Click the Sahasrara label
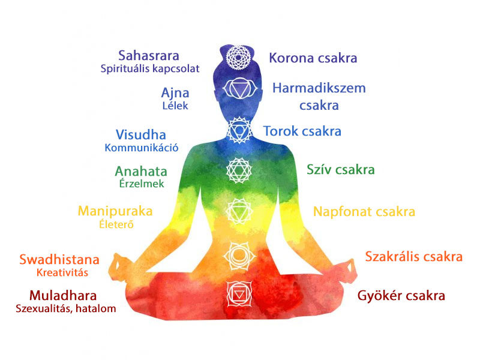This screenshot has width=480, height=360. (x=149, y=56)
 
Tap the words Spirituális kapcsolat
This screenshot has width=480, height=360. (x=149, y=69)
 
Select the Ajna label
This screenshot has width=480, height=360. (x=175, y=93)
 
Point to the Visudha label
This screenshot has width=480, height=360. (x=140, y=135)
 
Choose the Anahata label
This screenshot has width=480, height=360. (x=141, y=172)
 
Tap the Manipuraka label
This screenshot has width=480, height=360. (x=115, y=211)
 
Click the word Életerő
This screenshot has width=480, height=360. (x=116, y=224)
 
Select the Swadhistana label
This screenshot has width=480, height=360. (x=59, y=260)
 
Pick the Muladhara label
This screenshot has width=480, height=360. (x=62, y=296)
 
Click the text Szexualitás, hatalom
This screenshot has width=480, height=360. (x=66, y=309)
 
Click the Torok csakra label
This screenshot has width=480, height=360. (x=302, y=131)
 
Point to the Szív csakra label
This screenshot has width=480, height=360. (x=340, y=170)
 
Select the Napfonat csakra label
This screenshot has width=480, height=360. (x=364, y=212)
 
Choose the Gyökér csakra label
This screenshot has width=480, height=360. (x=401, y=296)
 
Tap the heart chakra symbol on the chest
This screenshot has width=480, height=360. (x=237, y=170)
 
